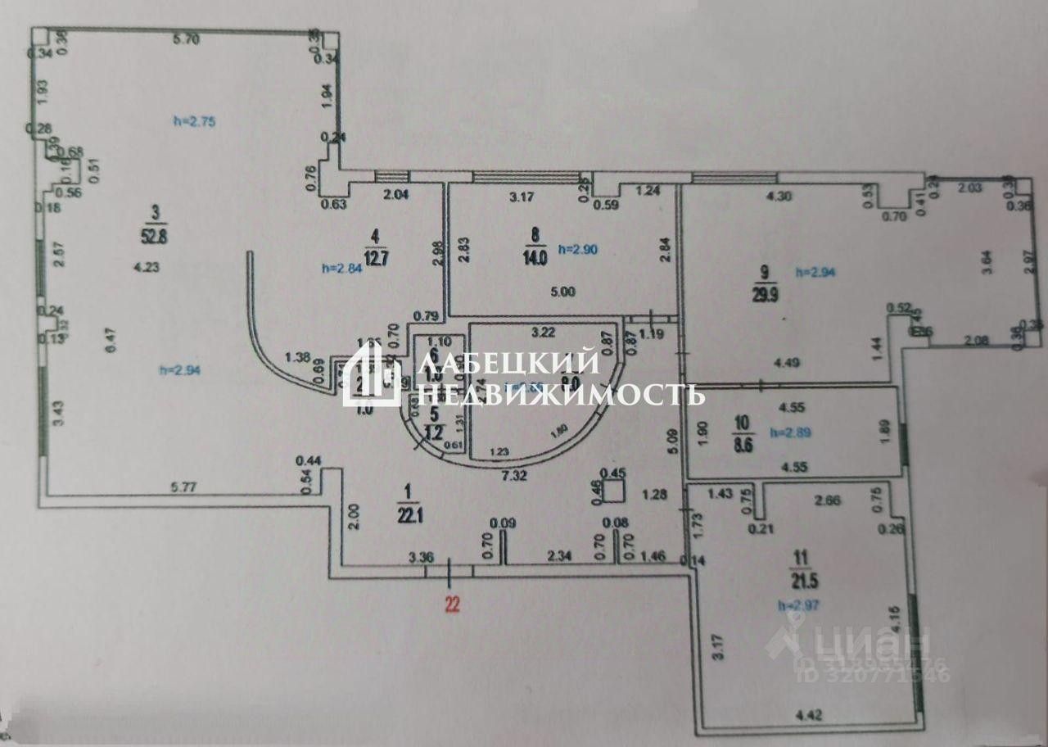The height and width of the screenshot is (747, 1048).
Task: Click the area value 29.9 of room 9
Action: (x=763, y=295)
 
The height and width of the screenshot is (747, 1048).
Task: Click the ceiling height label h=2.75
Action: (x=194, y=121)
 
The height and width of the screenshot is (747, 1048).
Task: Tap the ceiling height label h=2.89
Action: (x=791, y=431)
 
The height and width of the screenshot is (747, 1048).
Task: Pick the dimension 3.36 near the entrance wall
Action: (x=419, y=558)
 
